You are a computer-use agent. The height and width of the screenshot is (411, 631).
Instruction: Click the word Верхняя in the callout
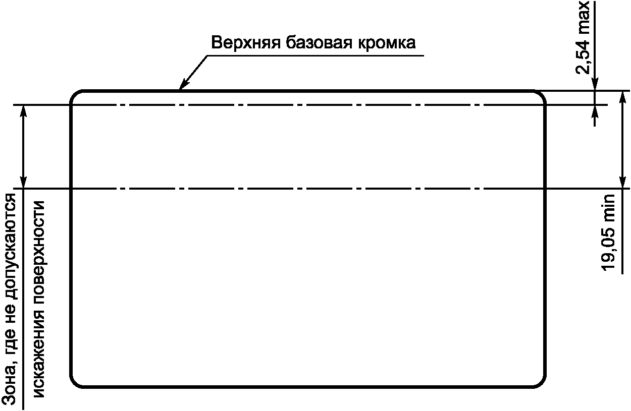click(245, 43)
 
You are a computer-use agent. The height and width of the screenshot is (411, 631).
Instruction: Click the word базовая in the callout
click(319, 43)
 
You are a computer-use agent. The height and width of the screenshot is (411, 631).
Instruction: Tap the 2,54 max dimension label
click(582, 38)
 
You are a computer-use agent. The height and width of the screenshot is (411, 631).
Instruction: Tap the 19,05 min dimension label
click(608, 232)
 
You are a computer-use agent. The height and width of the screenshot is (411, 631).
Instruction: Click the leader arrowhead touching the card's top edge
click(184, 84)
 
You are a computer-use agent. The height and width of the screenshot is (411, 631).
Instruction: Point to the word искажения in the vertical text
click(39, 356)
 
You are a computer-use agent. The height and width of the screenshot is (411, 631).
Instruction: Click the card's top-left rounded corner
click(75, 95)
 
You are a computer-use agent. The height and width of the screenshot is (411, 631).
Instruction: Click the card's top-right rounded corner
click(541, 95)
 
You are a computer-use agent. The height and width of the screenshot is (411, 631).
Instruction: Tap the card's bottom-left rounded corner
click(75, 383)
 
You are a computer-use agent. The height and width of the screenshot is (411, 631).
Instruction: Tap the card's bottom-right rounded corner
click(541, 383)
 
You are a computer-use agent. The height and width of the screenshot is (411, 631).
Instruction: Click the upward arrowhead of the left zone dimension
click(24, 111)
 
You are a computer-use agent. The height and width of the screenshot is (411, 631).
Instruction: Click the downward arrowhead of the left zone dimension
click(24, 183)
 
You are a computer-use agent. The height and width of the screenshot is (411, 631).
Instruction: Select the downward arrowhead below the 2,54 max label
click(595, 84)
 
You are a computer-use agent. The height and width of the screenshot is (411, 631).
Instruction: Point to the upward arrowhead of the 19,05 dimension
click(623, 97)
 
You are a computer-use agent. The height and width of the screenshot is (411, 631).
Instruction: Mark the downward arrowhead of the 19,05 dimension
click(623, 182)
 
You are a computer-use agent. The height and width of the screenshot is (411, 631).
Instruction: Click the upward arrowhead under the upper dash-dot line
click(595, 112)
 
